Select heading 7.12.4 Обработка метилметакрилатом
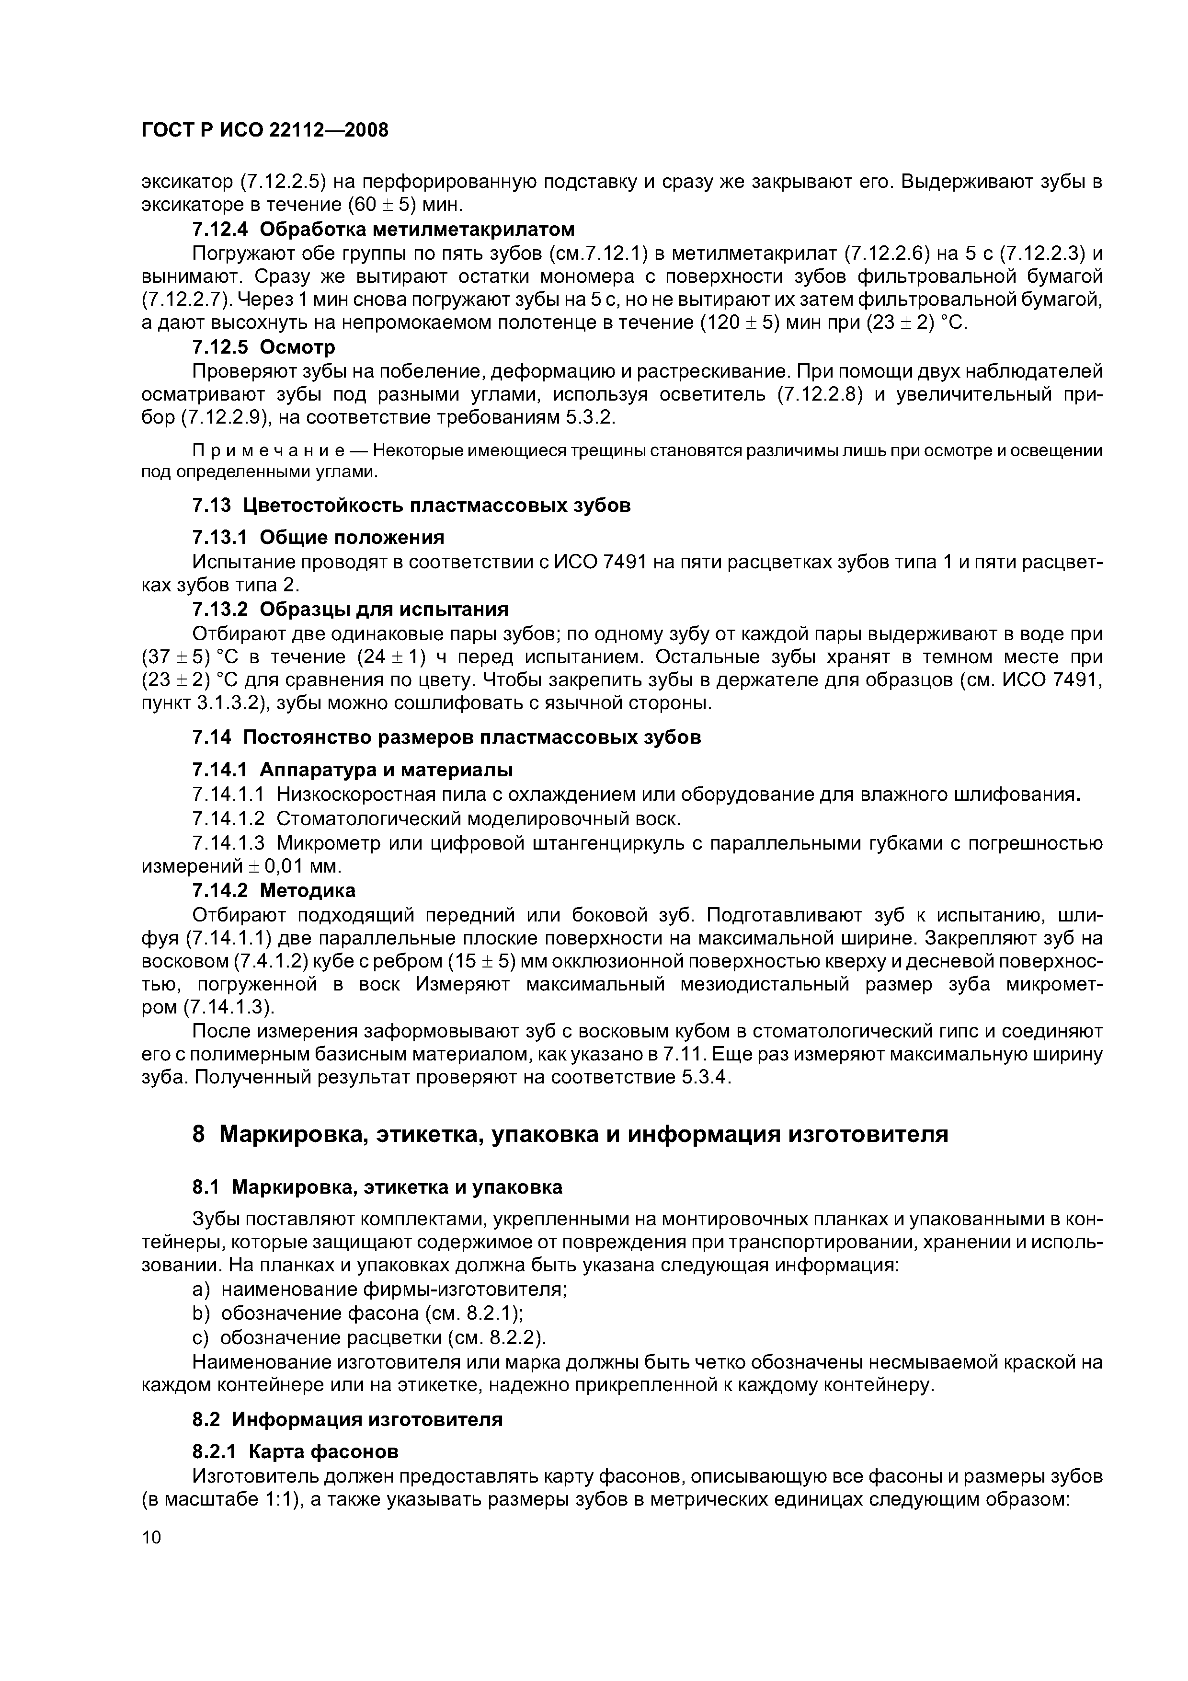(x=383, y=229)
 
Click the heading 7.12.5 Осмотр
(x=263, y=346)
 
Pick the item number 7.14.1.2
(x=229, y=818)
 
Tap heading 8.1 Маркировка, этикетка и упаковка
(x=377, y=1187)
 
